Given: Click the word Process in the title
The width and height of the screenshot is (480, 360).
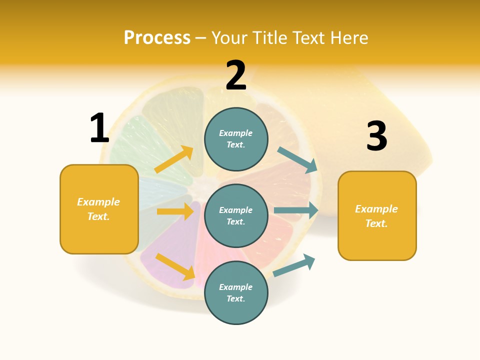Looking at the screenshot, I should [157, 38].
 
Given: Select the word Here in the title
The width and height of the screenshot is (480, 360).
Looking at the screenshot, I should [349, 38].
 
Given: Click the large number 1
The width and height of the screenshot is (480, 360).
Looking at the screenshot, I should [99, 128].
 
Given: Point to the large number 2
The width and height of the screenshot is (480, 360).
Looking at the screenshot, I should [236, 75].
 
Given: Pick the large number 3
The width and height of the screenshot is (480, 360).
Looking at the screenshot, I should [376, 136].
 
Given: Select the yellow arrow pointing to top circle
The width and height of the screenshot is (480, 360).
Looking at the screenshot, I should [174, 159].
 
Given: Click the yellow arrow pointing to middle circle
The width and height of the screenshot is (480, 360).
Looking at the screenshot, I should [175, 211].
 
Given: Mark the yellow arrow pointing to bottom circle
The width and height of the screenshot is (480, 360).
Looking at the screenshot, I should [175, 266].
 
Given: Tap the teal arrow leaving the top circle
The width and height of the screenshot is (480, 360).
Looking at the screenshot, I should [297, 160].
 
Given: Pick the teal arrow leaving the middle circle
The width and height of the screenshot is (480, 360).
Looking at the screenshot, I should [296, 210].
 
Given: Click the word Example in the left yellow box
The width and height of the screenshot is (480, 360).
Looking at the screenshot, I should [98, 202].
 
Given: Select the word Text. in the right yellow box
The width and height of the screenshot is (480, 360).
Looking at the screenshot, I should [376, 223].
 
